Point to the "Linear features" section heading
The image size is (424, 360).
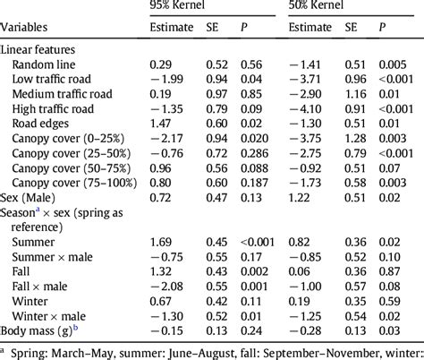coord(40,50)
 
